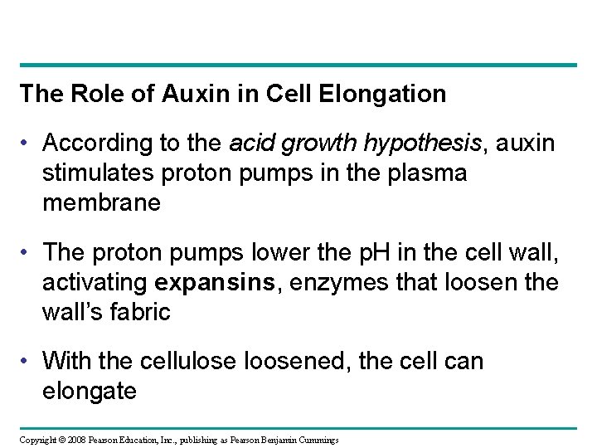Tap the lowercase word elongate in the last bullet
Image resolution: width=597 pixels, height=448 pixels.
point(90,390)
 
